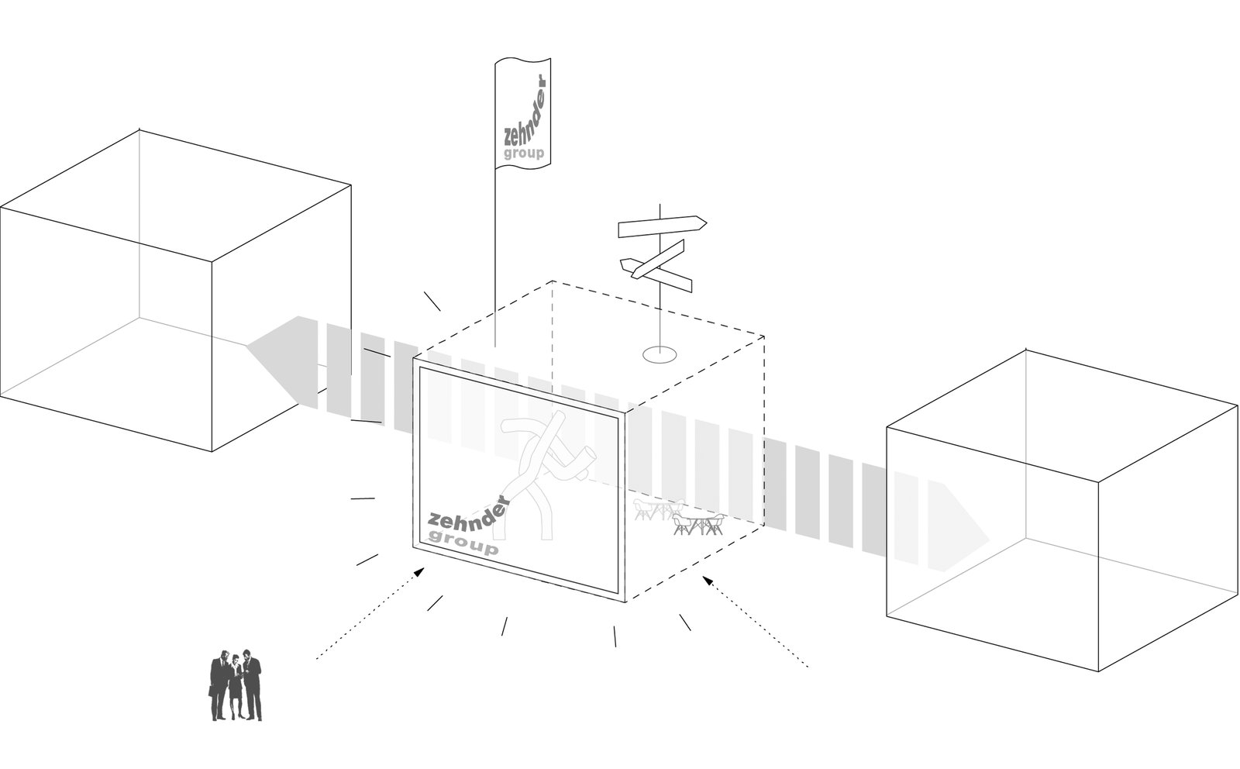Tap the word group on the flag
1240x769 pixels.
click(x=524, y=153)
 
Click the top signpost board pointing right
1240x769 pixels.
click(x=663, y=226)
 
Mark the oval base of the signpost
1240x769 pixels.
click(x=660, y=354)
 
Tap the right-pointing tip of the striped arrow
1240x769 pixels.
click(x=989, y=540)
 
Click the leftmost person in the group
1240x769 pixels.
click(x=219, y=686)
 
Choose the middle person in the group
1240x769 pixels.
click(x=236, y=688)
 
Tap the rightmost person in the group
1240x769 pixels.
click(x=253, y=686)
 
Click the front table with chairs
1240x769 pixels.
click(x=698, y=524)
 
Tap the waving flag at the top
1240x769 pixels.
click(x=522, y=113)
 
